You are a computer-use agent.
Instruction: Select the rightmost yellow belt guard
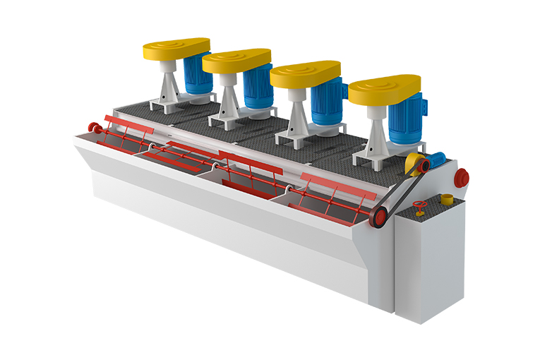pyautogui.click(x=384, y=90)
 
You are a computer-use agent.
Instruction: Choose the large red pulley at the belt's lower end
pyautogui.click(x=379, y=217)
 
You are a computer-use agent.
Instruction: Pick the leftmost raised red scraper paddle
pyautogui.click(x=127, y=123)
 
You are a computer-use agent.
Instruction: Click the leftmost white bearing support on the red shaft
pyautogui.click(x=151, y=147)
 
